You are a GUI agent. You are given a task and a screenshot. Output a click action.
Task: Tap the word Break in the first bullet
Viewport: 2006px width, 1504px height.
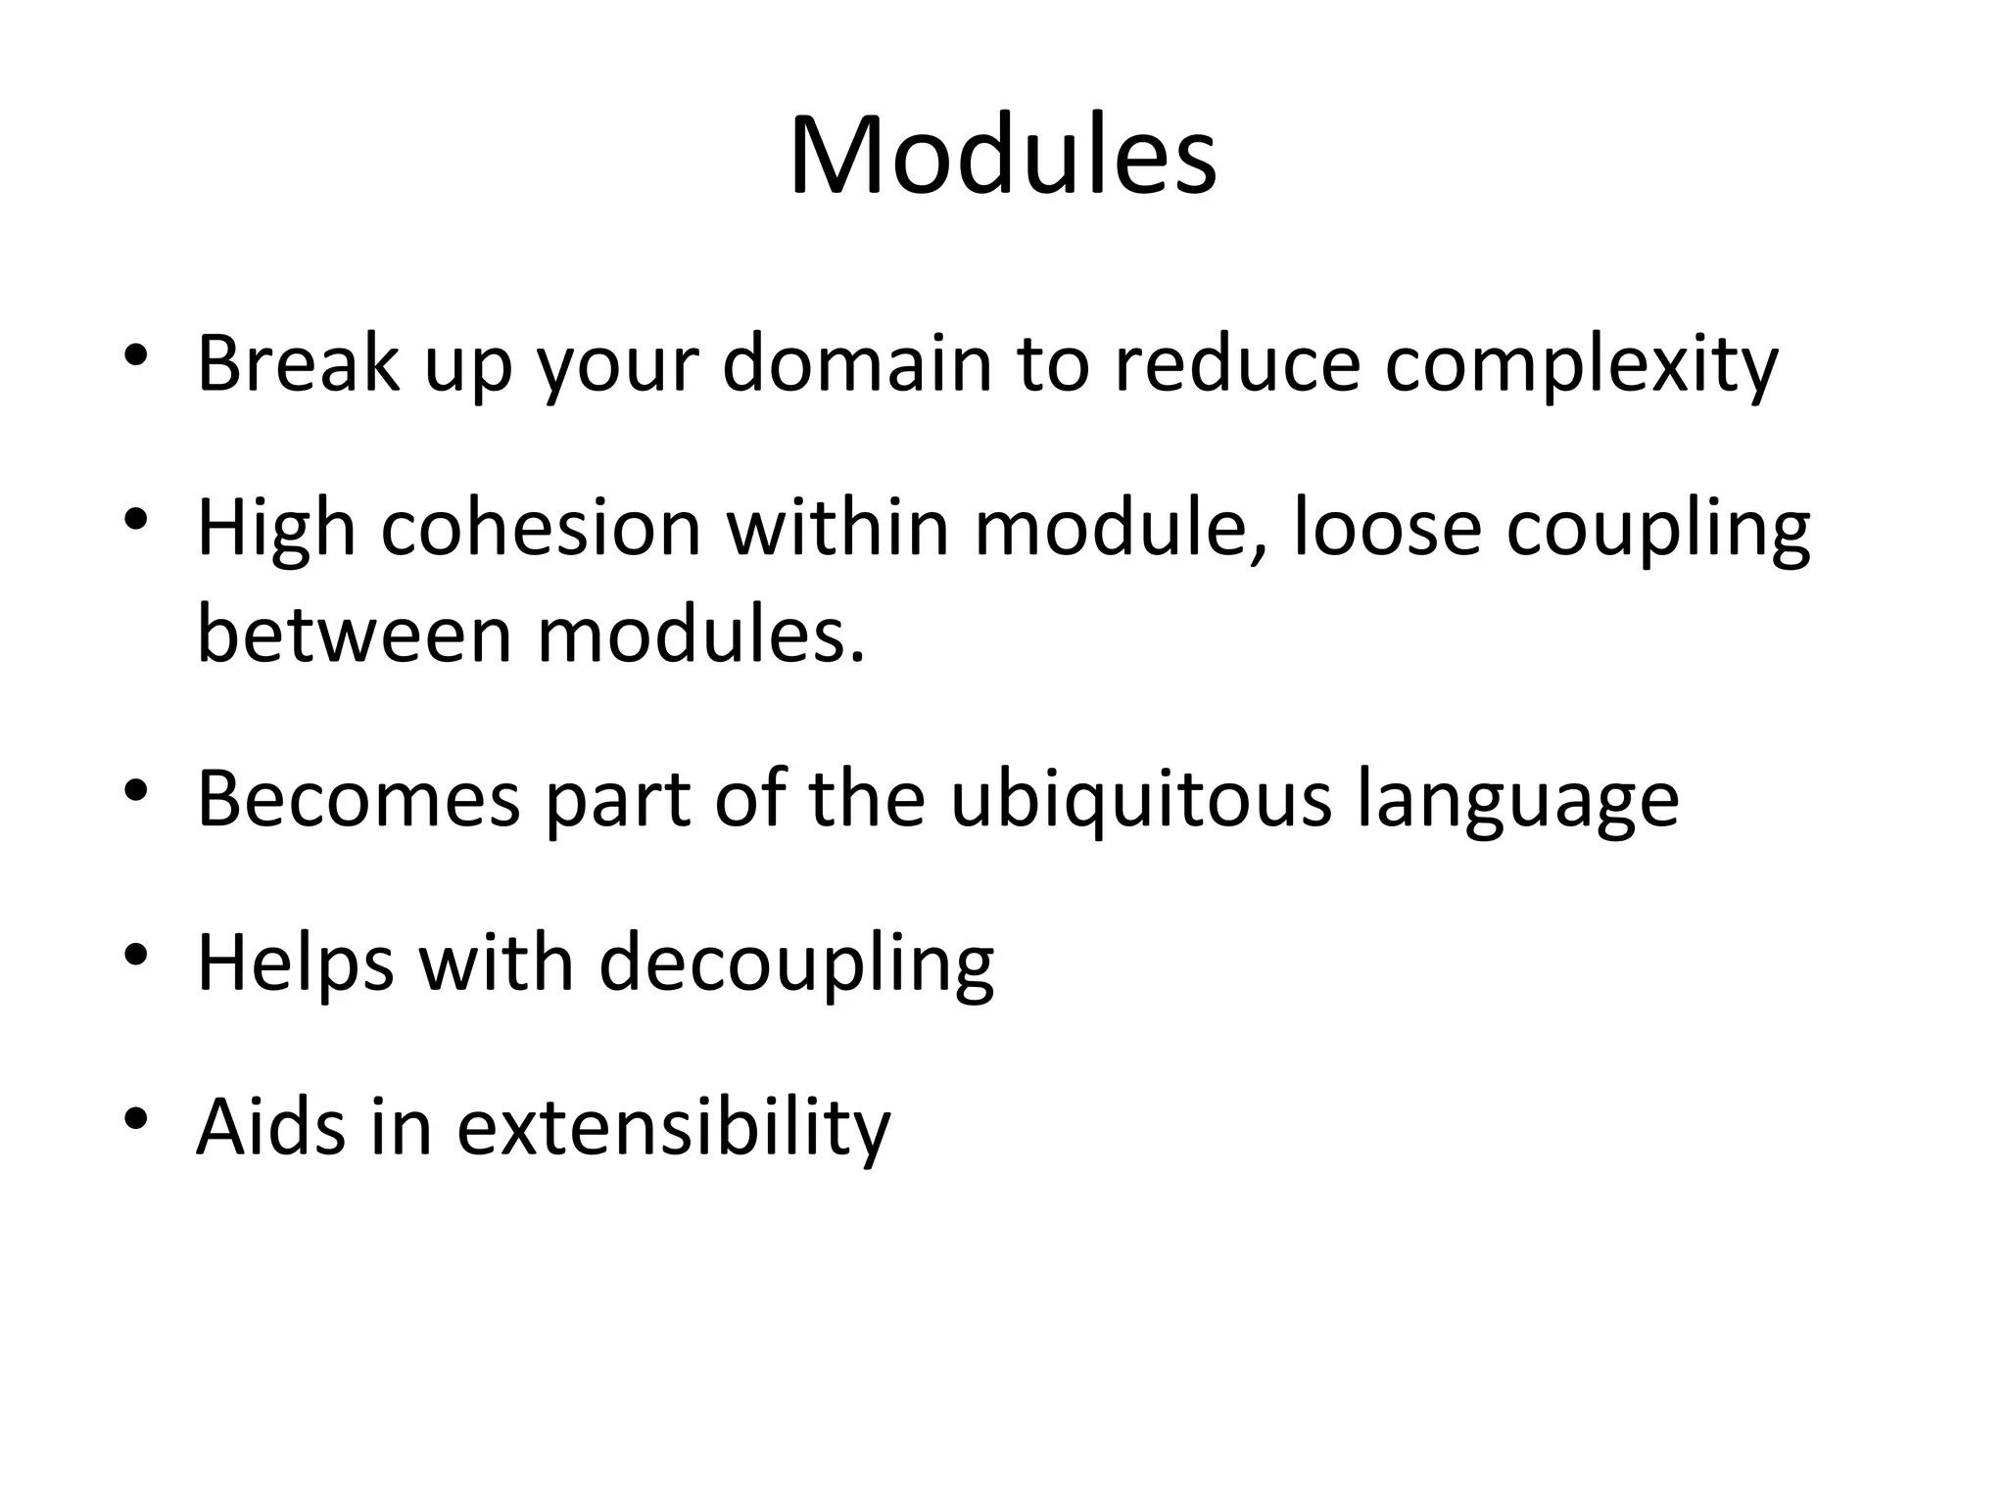pyautogui.click(x=298, y=363)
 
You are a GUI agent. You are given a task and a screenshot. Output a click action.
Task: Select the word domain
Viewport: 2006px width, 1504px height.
pyautogui.click(x=857, y=363)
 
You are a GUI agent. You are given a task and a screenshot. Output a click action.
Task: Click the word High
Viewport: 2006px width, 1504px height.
pyautogui.click(x=275, y=530)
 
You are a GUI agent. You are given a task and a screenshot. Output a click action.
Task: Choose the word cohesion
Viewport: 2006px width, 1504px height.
pyautogui.click(x=541, y=530)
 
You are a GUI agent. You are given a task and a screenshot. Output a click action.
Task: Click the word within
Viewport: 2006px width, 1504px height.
pyautogui.click(x=837, y=530)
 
